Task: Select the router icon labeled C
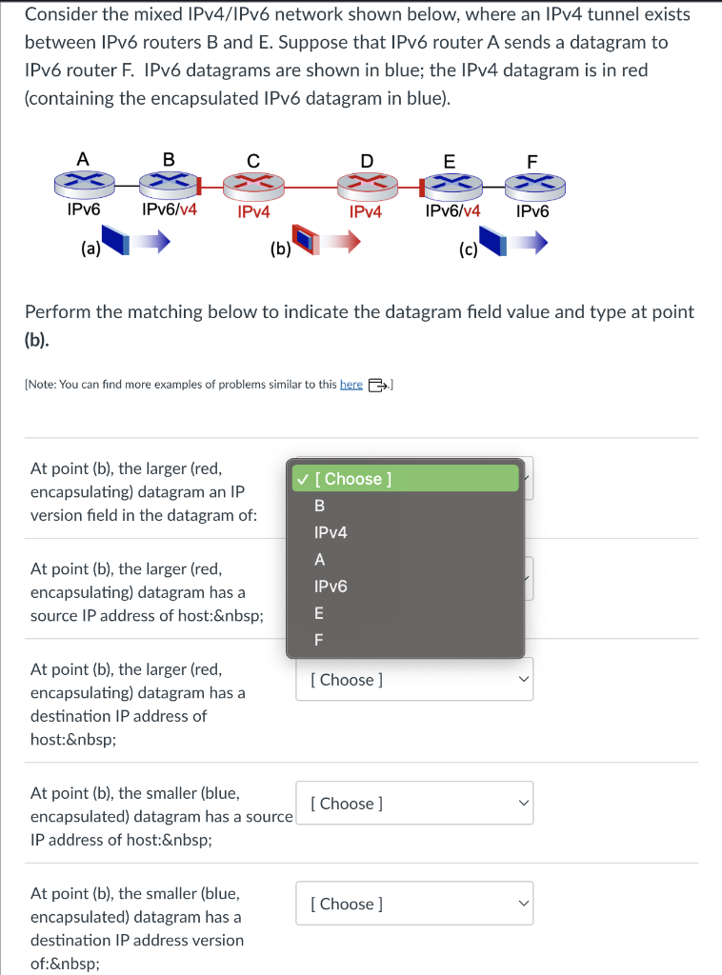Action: (252, 184)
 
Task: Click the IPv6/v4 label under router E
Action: (452, 210)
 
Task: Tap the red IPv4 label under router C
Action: (253, 211)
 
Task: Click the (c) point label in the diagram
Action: (468, 251)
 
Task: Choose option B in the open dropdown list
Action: (320, 506)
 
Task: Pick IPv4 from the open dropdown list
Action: (331, 532)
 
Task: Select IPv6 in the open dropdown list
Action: (331, 587)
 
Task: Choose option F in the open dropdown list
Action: (319, 641)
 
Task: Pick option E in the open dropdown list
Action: (319, 613)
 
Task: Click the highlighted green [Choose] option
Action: (407, 479)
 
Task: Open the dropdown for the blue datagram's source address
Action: (413, 804)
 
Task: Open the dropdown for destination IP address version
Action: (413, 904)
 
